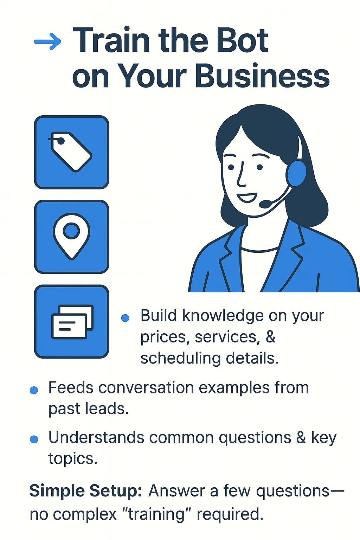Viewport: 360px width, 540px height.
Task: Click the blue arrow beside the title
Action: coord(47,42)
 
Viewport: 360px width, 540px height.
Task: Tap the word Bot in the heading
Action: coord(242,40)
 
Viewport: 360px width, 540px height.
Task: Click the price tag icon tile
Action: coord(72,152)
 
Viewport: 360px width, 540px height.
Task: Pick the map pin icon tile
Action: coord(72,237)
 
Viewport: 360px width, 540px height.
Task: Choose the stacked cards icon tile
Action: coord(72,322)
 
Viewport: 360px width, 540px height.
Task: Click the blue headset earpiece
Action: coord(297,173)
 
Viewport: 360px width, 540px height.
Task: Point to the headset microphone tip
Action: coord(265,204)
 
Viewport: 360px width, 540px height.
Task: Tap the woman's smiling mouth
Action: coord(247,198)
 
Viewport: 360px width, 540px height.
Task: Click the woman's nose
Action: coord(242,175)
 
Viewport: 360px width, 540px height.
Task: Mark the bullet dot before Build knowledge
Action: coord(125,318)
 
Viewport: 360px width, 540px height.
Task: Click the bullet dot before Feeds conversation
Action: coord(34,390)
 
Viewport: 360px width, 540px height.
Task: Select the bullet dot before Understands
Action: coord(34,439)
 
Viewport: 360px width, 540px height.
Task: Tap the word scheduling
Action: coord(181,359)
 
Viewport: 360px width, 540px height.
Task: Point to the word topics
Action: coord(73,458)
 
